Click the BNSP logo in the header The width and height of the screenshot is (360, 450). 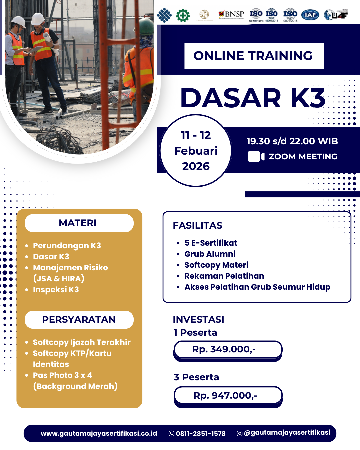pyautogui.click(x=231, y=14)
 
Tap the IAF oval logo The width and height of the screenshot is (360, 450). pyautogui.click(x=310, y=15)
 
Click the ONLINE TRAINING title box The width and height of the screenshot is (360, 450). pyautogui.click(x=254, y=56)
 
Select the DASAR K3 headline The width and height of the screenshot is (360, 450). pyautogui.click(x=253, y=98)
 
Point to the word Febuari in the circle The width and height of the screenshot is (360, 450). pyautogui.click(x=196, y=151)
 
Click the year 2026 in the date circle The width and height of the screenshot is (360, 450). pyautogui.click(x=196, y=166)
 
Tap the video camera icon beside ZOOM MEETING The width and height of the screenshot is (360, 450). pyautogui.click(x=256, y=156)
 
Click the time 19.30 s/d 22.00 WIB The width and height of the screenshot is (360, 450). pyautogui.click(x=292, y=141)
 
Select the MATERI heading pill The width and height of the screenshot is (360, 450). pyautogui.click(x=79, y=223)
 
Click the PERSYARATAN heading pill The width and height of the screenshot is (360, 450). pyautogui.click(x=79, y=319)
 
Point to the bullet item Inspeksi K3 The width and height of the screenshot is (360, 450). pyautogui.click(x=56, y=290)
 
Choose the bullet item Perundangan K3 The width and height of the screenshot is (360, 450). pyautogui.click(x=67, y=246)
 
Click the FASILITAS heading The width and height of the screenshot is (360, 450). pyautogui.click(x=197, y=226)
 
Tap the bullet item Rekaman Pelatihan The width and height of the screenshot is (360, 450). pyautogui.click(x=224, y=276)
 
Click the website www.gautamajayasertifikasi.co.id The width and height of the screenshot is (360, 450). pyautogui.click(x=99, y=433)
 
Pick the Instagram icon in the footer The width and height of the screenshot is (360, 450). pyautogui.click(x=239, y=433)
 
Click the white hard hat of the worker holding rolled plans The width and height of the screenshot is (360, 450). pyautogui.click(x=38, y=19)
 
